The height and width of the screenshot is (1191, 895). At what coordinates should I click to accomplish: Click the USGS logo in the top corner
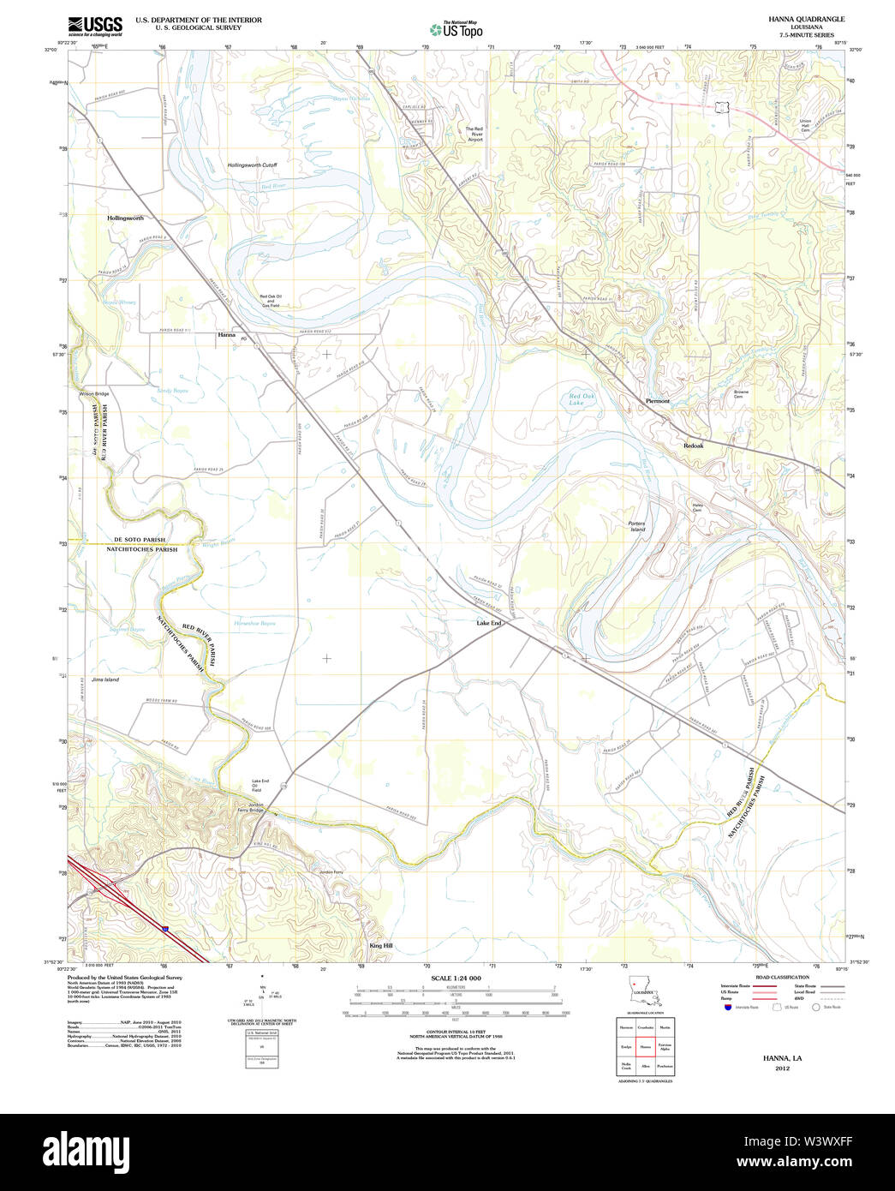pos(95,25)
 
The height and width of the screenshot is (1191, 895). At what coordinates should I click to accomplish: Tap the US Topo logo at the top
pos(457,29)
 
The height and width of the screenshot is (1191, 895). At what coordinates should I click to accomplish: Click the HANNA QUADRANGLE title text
pos(806,19)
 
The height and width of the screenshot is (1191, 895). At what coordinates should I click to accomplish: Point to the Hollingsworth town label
pos(125,218)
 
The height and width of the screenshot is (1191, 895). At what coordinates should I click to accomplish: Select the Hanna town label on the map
pos(226,335)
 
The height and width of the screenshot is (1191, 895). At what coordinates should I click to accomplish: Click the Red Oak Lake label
pos(582,398)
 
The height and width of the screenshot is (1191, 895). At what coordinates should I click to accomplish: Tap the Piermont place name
pos(658,401)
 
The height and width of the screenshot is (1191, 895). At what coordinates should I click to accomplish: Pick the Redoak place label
pos(693,446)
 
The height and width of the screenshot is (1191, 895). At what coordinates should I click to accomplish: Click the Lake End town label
pos(489,623)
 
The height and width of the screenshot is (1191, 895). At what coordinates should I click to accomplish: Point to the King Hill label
pos(381,945)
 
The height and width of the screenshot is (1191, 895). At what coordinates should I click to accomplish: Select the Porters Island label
pos(636,526)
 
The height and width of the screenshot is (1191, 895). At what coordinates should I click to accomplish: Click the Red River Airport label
pos(474,134)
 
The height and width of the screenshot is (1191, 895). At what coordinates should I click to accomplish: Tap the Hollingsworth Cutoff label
pos(252,165)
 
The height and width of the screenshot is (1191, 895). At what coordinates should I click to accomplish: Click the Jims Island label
pos(105,679)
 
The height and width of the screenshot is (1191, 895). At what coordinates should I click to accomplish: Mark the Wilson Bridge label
pos(94,393)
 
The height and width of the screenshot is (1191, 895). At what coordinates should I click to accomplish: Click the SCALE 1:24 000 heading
pos(456,978)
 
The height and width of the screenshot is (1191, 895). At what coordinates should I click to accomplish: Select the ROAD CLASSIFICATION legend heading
pos(781,977)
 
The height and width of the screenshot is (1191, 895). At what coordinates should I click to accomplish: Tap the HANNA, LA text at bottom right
pos(782,1058)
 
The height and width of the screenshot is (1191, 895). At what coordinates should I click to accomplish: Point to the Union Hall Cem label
pos(805,125)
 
